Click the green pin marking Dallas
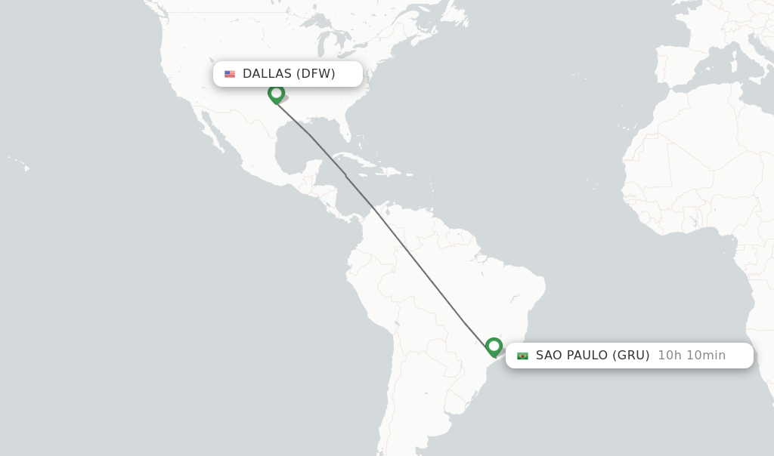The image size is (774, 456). (x=276, y=94)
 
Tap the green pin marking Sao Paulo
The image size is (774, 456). (x=494, y=347)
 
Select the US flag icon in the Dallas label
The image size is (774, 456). (x=230, y=74)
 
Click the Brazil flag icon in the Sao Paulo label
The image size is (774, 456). (x=522, y=356)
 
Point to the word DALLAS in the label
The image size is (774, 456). (x=267, y=74)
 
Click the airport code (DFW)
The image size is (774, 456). (x=316, y=74)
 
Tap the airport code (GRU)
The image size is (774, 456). (x=631, y=356)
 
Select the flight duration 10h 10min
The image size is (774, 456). (x=692, y=356)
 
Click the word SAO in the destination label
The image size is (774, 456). (x=550, y=356)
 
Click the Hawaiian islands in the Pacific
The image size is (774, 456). (x=23, y=165)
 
